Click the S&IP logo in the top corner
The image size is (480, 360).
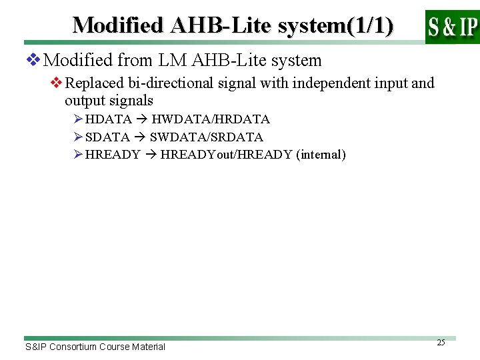pyautogui.click(x=452, y=27)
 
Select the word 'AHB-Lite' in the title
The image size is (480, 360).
pyautogui.click(x=219, y=25)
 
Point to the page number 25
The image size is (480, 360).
pyautogui.click(x=441, y=343)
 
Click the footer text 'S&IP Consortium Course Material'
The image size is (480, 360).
pyautogui.click(x=95, y=347)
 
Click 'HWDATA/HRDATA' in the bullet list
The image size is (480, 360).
pyautogui.click(x=211, y=119)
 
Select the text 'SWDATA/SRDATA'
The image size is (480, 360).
pyautogui.click(x=207, y=137)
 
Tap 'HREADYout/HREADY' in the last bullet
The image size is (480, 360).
pyautogui.click(x=226, y=155)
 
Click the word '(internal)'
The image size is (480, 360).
pyautogui.click(x=322, y=155)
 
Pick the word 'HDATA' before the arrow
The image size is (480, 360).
pyautogui.click(x=108, y=119)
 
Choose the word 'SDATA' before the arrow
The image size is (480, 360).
pyautogui.click(x=108, y=137)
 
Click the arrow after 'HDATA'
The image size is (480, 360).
pyautogui.click(x=141, y=119)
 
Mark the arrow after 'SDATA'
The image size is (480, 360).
pyautogui.click(x=140, y=137)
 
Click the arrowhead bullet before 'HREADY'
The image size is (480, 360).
pyautogui.click(x=78, y=155)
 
